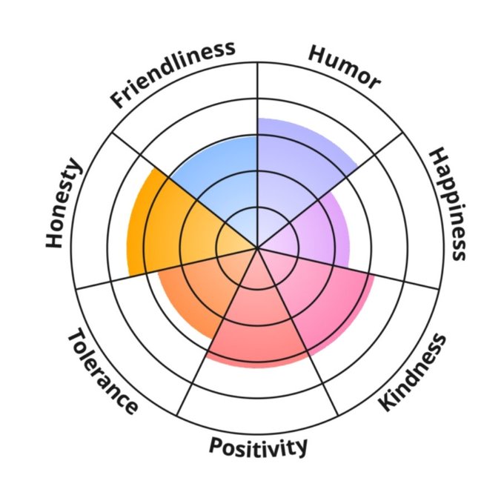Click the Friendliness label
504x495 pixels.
(173, 74)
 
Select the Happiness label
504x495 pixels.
(448, 204)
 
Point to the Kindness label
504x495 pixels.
(414, 373)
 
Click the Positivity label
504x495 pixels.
(257, 447)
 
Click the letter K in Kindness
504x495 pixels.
(388, 404)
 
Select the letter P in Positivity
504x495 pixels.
(216, 446)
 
